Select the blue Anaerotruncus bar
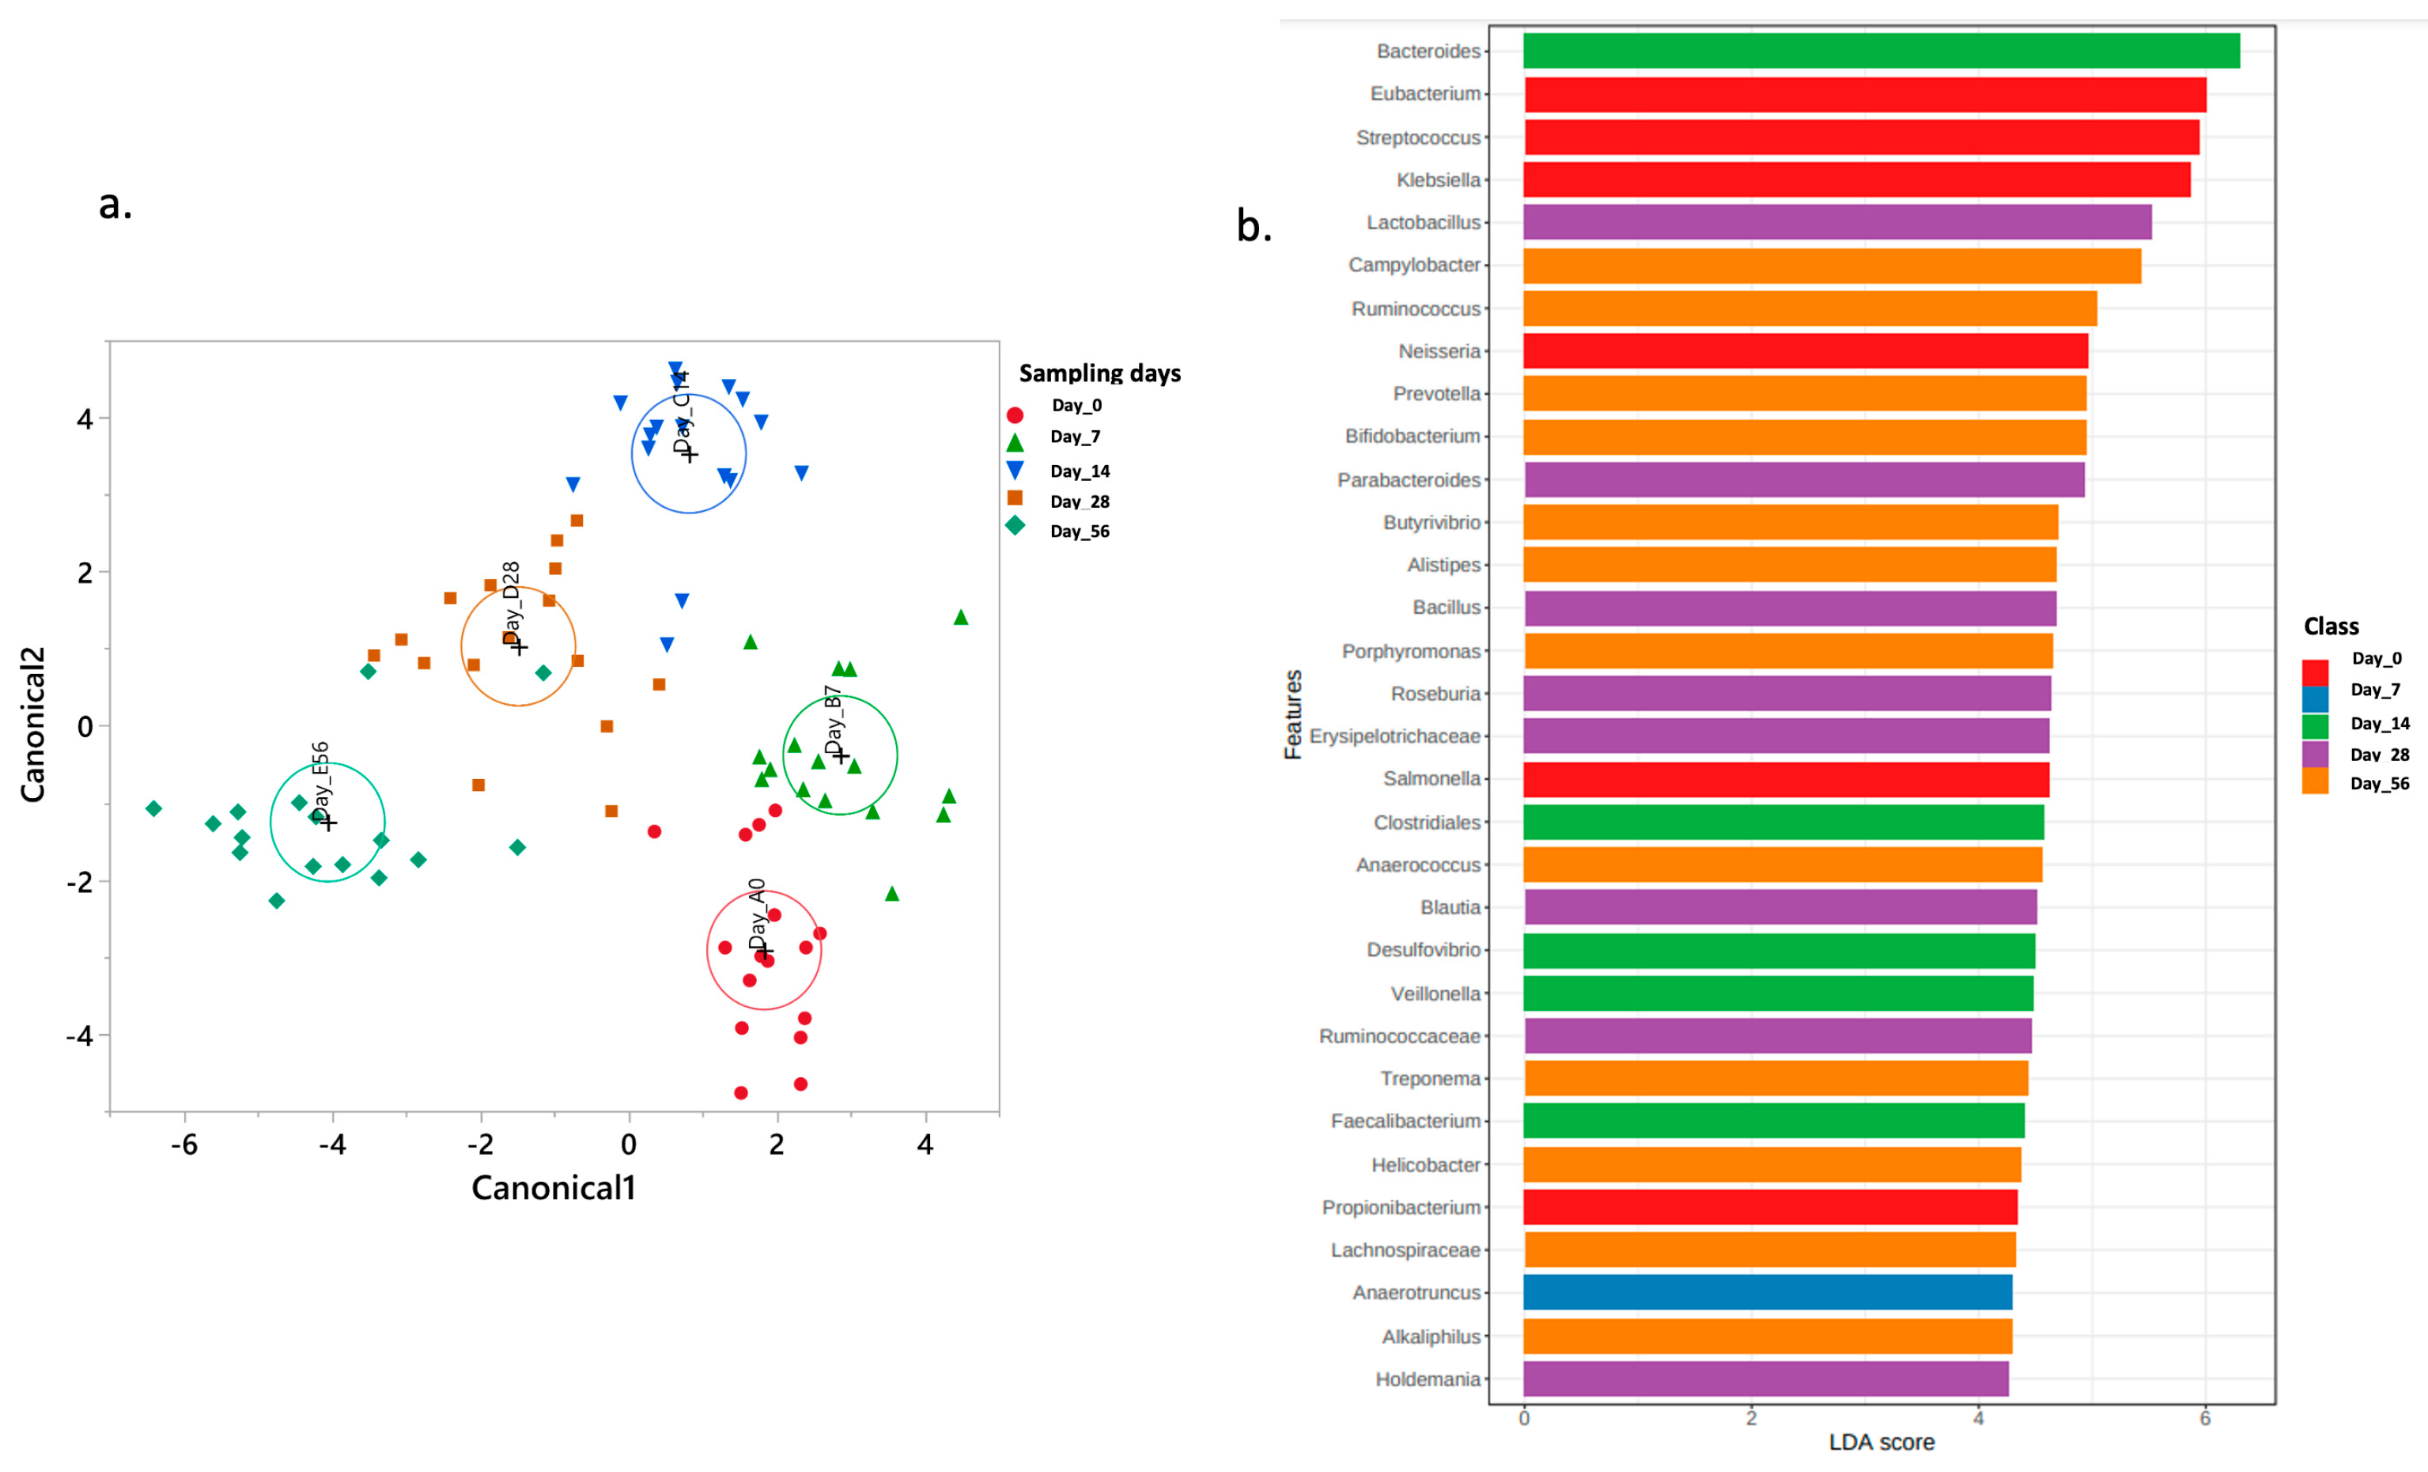(x=1767, y=1292)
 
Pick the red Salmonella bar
(x=1786, y=779)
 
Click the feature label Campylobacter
(x=1413, y=265)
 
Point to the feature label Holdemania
(x=1427, y=1379)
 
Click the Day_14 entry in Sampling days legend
(x=1079, y=471)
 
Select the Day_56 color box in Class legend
(x=2315, y=782)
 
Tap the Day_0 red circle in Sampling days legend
(x=1015, y=414)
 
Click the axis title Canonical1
(x=553, y=1187)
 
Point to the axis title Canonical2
(x=32, y=725)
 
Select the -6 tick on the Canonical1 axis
(x=184, y=1144)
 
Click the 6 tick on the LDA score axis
(x=2204, y=1419)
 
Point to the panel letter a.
(x=115, y=204)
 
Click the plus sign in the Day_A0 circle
(x=765, y=951)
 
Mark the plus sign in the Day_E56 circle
(x=329, y=822)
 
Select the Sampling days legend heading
(x=1099, y=373)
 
